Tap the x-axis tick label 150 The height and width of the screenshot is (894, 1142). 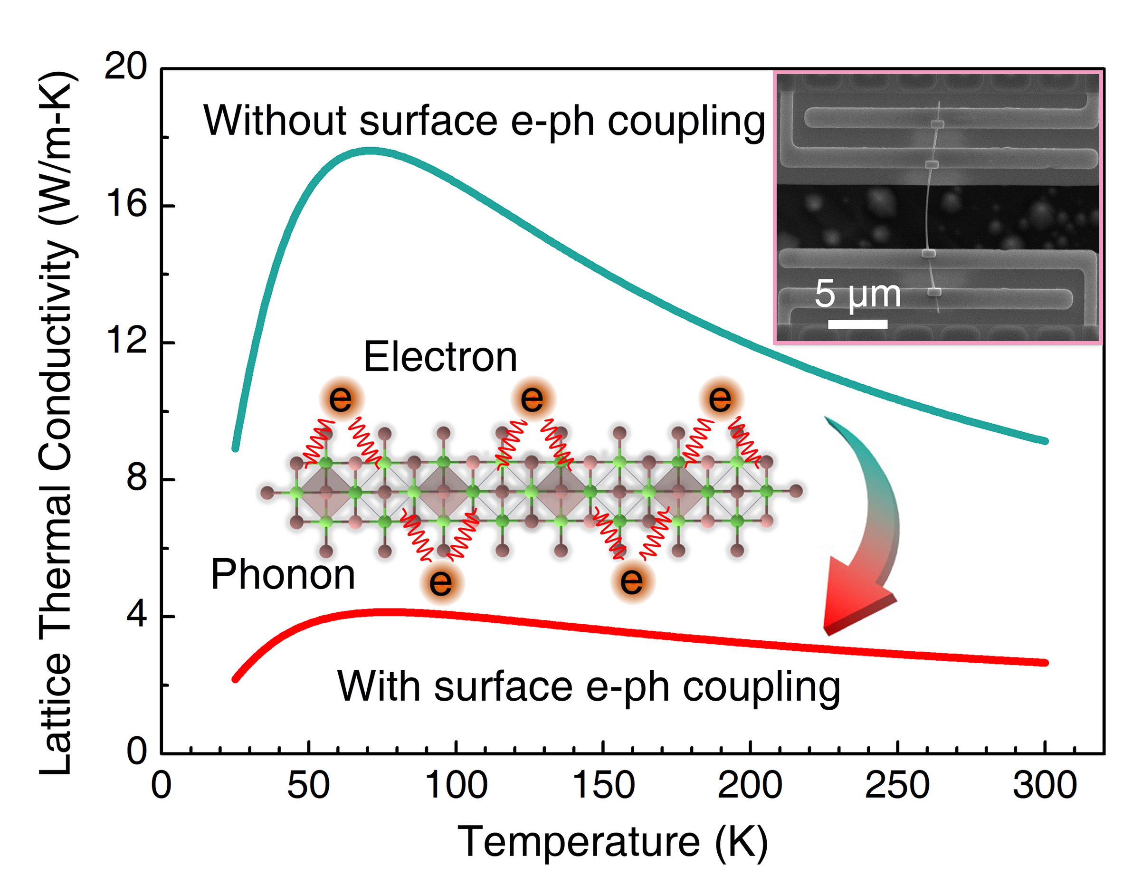pos(603,785)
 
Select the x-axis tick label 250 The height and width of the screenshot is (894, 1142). pos(897,785)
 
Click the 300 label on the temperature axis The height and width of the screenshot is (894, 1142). pos(1045,785)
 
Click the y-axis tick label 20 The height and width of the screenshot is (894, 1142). pos(125,67)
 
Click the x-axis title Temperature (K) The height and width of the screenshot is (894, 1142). pos(612,842)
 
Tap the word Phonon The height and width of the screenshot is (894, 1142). pos(283,575)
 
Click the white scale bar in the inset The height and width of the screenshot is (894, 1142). pos(857,324)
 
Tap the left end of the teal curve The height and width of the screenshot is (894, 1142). pos(236,448)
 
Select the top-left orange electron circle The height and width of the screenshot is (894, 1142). pos(341,399)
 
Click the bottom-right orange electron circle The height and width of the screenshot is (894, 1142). pos(631,581)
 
